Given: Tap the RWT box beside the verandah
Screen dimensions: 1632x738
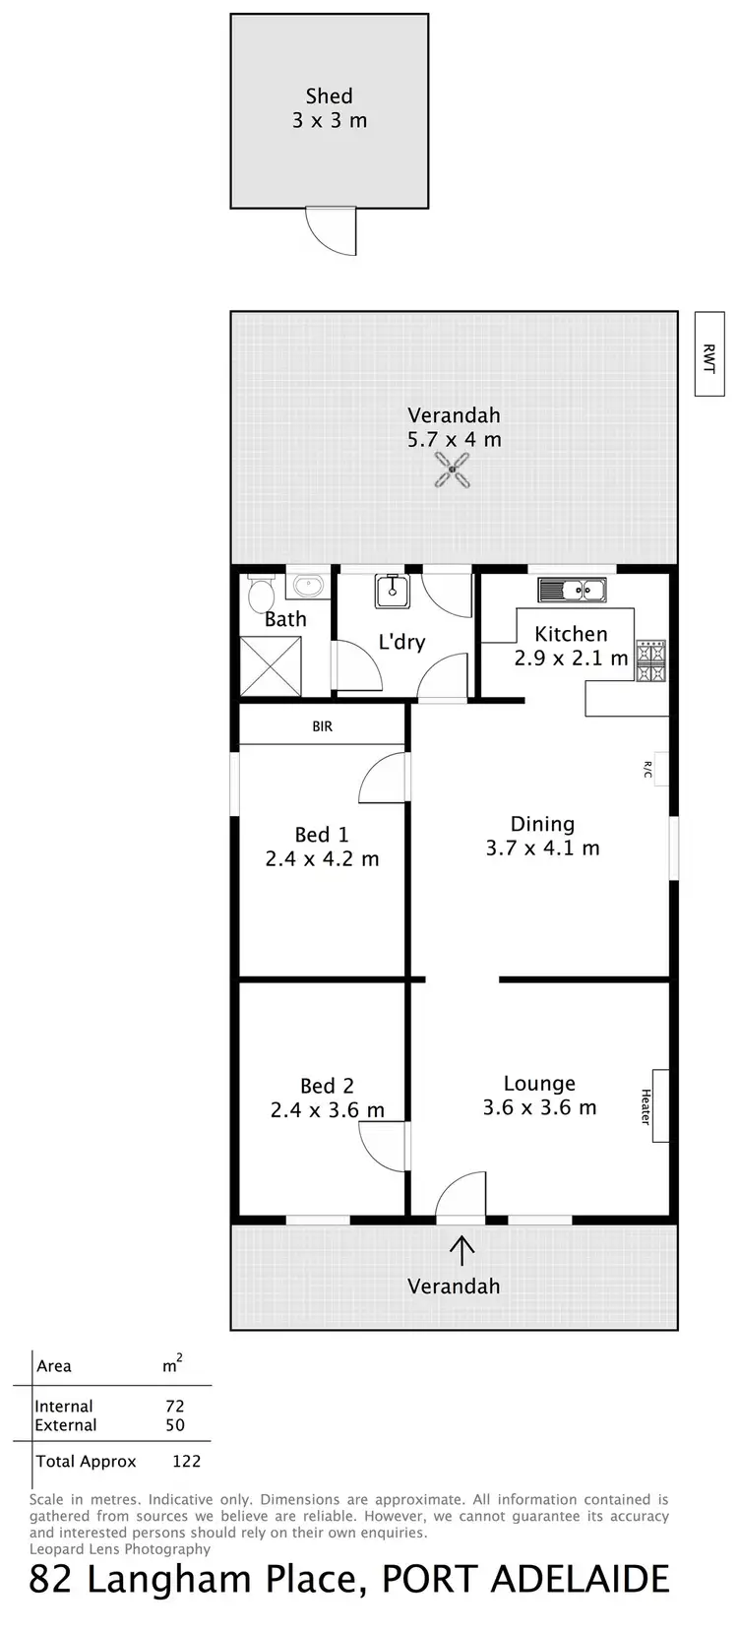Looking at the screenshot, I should click(709, 354).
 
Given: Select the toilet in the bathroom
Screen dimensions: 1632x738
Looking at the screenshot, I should click(261, 595).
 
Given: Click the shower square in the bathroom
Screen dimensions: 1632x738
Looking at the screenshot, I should click(271, 666).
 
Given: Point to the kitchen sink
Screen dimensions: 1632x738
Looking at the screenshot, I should click(572, 590).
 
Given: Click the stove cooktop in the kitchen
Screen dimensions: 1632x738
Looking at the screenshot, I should click(650, 661).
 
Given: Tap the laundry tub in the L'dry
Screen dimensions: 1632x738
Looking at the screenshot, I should click(391, 591).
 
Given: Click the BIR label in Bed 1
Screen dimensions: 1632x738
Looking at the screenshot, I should click(323, 726).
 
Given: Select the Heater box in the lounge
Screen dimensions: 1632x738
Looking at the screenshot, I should click(659, 1105).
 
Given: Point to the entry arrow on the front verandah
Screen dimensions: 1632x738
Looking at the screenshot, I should click(461, 1250).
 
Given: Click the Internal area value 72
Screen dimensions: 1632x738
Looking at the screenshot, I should click(174, 1407).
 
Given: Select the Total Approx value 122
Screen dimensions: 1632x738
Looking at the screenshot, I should click(186, 1462).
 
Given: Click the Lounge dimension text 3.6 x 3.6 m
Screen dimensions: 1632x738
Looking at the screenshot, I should click(539, 1107).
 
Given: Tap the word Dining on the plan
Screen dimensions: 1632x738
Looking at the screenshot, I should click(542, 824).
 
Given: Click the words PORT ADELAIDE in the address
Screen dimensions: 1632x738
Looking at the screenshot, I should click(525, 1579).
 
